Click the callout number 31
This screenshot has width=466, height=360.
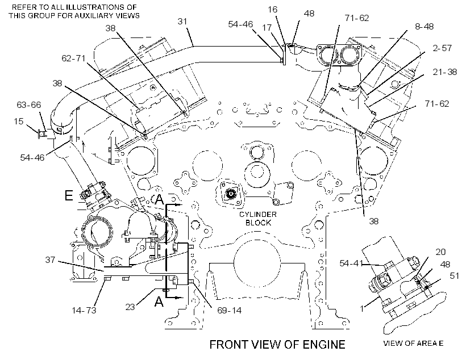tap(182, 22)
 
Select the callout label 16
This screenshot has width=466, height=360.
tap(272, 10)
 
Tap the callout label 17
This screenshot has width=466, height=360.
tap(267, 28)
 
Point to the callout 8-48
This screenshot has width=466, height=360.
tap(424, 27)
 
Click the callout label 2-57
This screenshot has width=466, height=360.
tap(442, 48)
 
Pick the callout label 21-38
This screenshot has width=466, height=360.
tap(444, 72)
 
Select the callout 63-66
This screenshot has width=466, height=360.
tap(29, 105)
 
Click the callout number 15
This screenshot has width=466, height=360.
tap(18, 121)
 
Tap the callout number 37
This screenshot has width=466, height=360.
tap(50, 260)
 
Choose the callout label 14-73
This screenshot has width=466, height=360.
tap(84, 311)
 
